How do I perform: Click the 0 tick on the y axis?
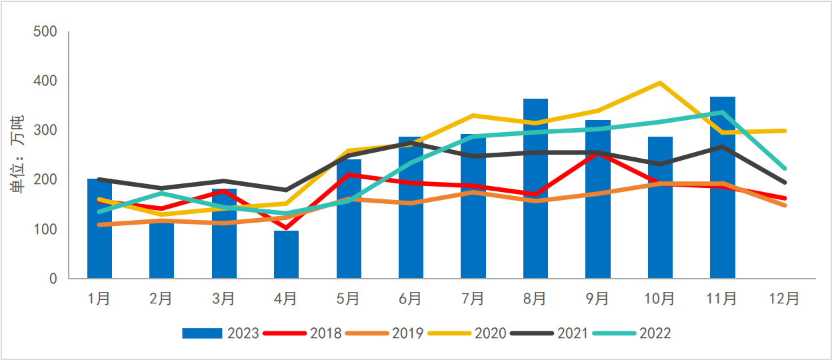pyautogui.click(x=53, y=279)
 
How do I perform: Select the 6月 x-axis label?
pyautogui.click(x=411, y=299)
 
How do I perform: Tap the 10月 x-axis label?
pyautogui.click(x=660, y=299)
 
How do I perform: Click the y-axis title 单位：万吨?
pyautogui.click(x=17, y=155)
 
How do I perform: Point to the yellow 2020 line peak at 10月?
pyautogui.click(x=660, y=83)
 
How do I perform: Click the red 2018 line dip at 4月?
pyautogui.click(x=286, y=228)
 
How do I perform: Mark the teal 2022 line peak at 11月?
pyautogui.click(x=722, y=113)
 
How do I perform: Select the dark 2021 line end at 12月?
pyautogui.click(x=785, y=182)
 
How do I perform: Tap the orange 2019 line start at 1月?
pyautogui.click(x=99, y=225)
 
